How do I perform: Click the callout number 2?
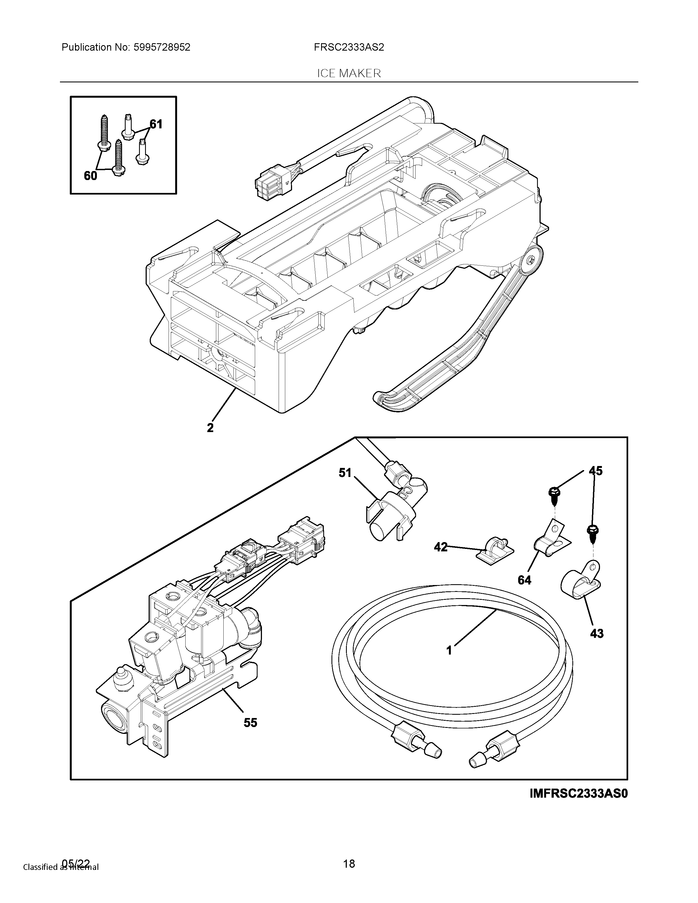(x=210, y=427)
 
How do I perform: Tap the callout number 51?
(x=345, y=473)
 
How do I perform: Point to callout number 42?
(x=441, y=548)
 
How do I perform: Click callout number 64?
(x=524, y=580)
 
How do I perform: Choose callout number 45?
(x=595, y=471)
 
